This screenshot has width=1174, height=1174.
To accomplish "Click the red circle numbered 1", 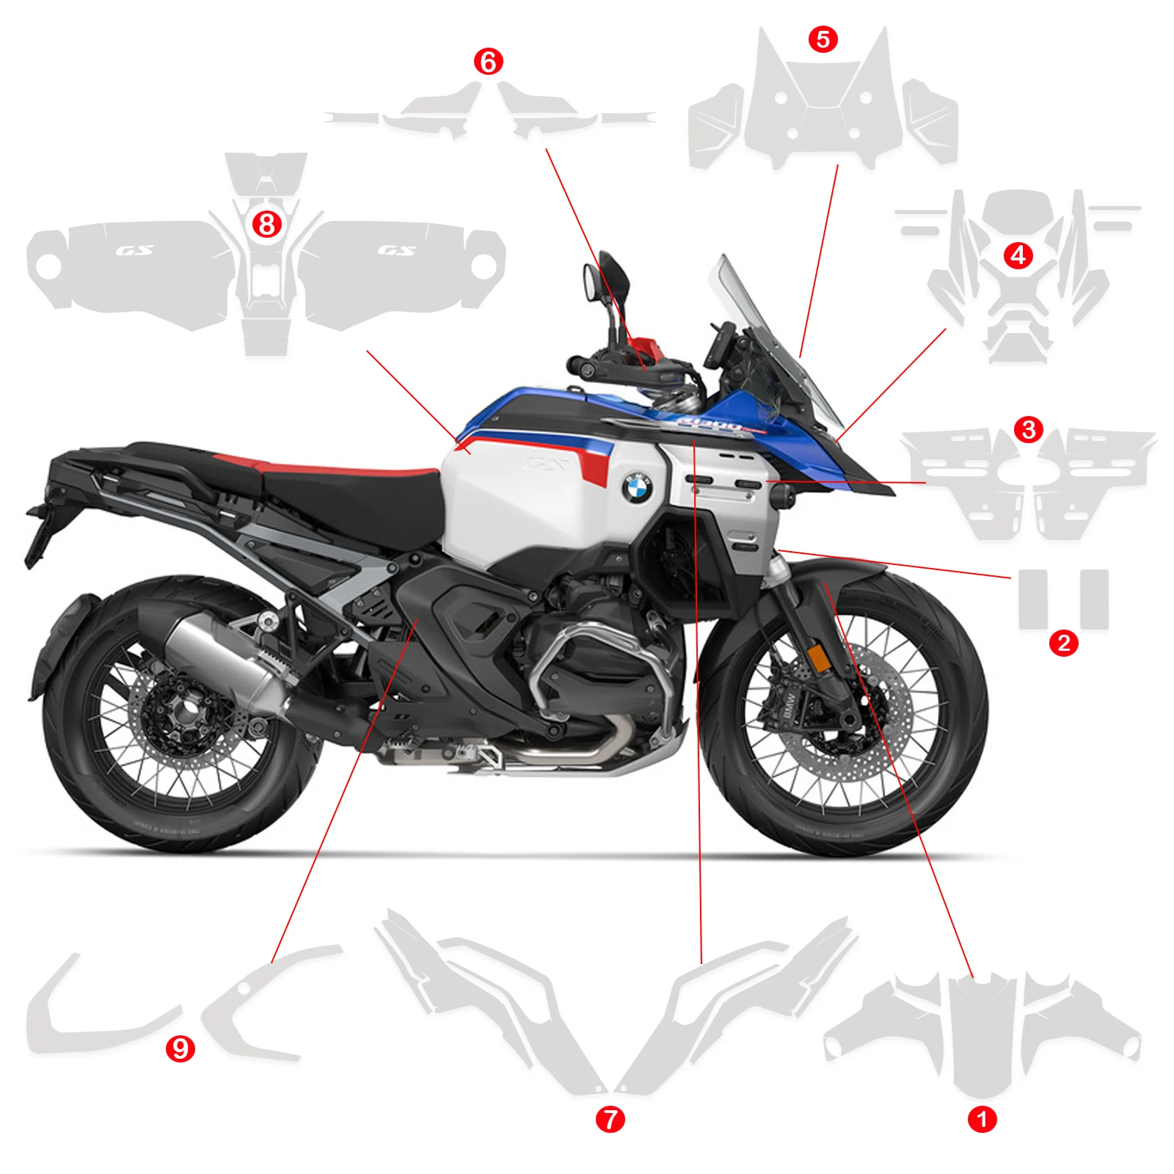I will pyautogui.click(x=982, y=1119).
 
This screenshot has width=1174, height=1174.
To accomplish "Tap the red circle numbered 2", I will pyautogui.click(x=1063, y=643).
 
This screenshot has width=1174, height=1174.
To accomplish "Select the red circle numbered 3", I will pyautogui.click(x=1028, y=429).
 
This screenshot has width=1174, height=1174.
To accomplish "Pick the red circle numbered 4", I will pyautogui.click(x=1018, y=255).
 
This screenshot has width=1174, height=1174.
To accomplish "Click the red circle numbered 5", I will pyautogui.click(x=823, y=39).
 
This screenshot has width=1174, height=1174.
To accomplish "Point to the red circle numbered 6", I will pyautogui.click(x=488, y=62).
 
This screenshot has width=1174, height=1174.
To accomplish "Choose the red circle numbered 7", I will pyautogui.click(x=610, y=1119).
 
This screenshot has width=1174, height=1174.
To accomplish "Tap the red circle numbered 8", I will pyautogui.click(x=266, y=223).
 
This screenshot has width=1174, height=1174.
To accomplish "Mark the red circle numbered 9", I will pyautogui.click(x=180, y=1049).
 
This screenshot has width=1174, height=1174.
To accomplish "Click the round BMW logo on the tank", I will pyautogui.click(x=638, y=487).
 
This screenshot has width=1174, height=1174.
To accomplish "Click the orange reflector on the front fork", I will pyautogui.click(x=818, y=657).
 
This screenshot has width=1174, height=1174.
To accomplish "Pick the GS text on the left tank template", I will pyautogui.click(x=135, y=251).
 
